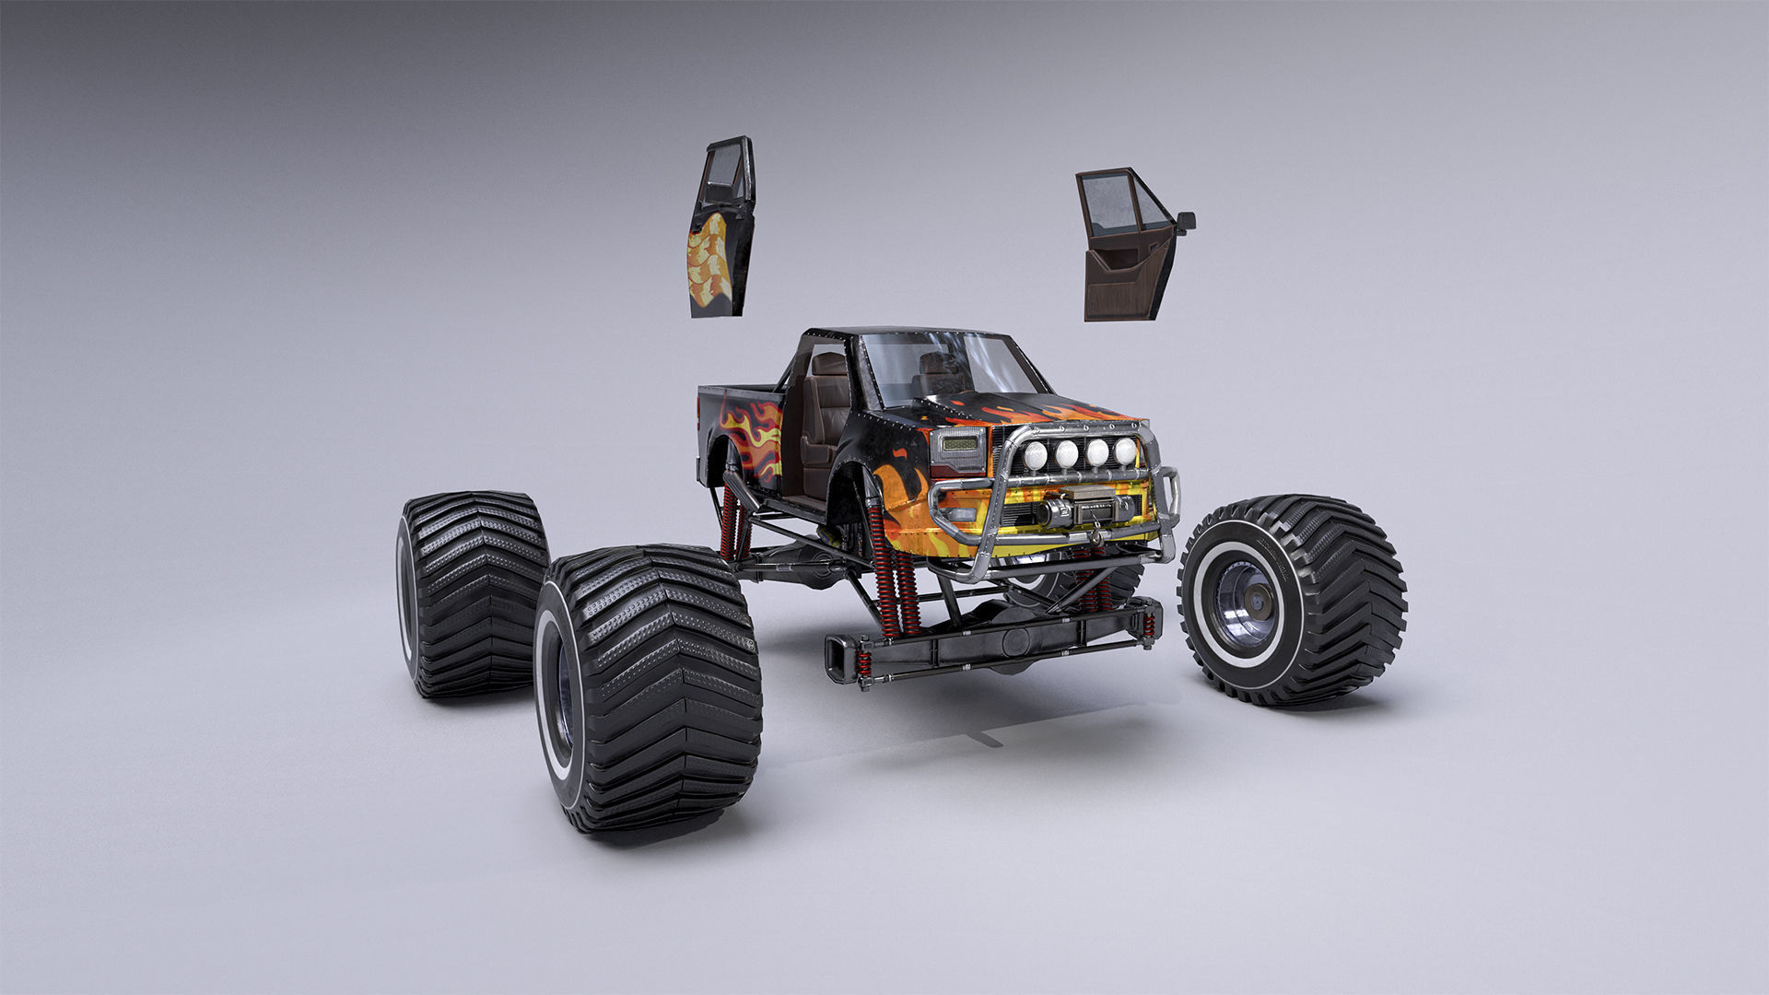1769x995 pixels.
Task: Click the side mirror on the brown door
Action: (x=1186, y=221)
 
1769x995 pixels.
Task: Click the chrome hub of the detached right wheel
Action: (x=1247, y=603)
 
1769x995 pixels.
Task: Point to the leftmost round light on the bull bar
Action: (x=1037, y=453)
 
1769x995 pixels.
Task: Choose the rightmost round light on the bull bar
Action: (x=1125, y=451)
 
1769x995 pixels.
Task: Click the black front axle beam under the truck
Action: (x=995, y=645)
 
